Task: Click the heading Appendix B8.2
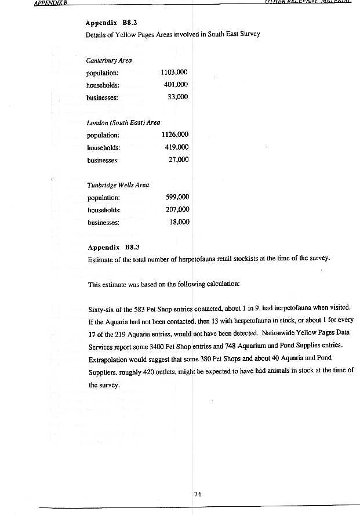pos(110,23)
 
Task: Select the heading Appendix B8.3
pos(111,247)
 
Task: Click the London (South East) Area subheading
pos(123,123)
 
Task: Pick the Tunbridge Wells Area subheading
pos(118,185)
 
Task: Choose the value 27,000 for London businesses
pos(178,159)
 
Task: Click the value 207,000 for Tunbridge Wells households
pos(177,209)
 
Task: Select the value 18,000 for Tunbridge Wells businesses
pos(179,222)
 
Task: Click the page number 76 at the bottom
pos(198,494)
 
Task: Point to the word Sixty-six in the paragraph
pos(102,309)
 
